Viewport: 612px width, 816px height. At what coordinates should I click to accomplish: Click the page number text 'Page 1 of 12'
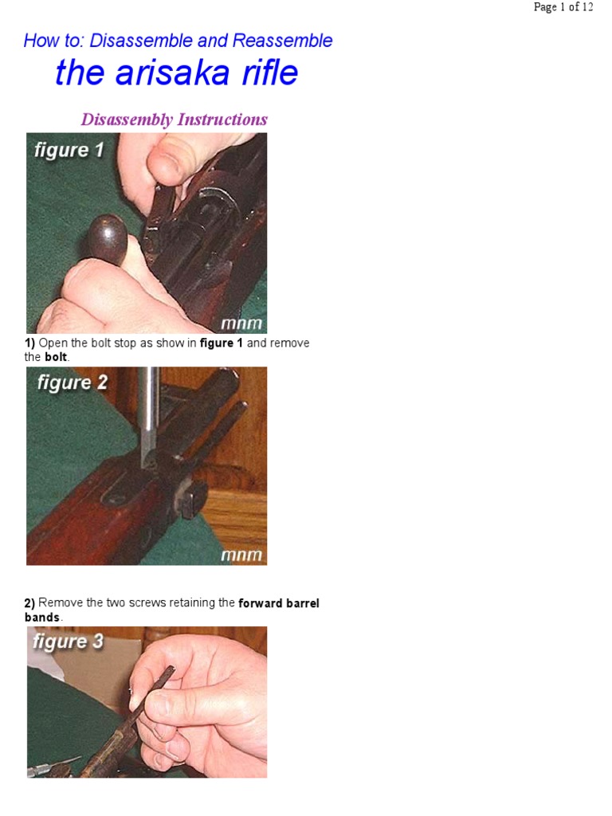(x=563, y=7)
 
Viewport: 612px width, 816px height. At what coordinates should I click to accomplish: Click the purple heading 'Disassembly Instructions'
(x=174, y=120)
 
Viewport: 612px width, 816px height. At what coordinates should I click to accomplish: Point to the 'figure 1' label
(x=69, y=150)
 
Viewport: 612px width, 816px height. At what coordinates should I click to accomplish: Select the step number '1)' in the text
(x=30, y=343)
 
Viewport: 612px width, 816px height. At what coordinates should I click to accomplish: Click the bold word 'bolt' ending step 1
(x=56, y=358)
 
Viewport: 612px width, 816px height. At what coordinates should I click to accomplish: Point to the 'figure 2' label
(x=72, y=382)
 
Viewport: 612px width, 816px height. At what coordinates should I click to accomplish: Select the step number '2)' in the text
(x=30, y=603)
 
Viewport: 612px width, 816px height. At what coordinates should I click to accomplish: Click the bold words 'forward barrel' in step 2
(x=279, y=603)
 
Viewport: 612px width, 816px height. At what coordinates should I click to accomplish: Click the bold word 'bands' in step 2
(x=42, y=618)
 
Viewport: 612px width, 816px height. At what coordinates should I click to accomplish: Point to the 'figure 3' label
(x=68, y=641)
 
